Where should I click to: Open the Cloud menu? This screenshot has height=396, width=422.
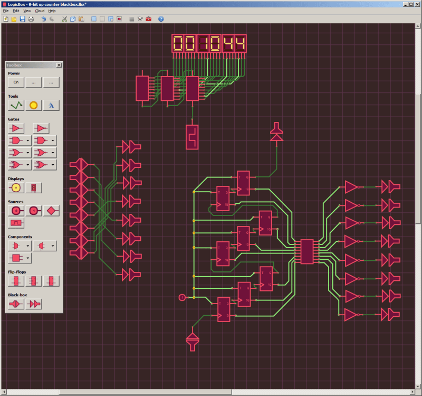pyautogui.click(x=40, y=11)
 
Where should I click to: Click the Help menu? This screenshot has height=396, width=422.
pyautogui.click(x=52, y=11)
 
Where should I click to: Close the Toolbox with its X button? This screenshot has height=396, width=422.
pyautogui.click(x=59, y=65)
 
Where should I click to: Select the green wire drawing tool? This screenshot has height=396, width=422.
pyautogui.click(x=16, y=105)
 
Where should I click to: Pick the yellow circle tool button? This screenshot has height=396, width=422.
pyautogui.click(x=34, y=105)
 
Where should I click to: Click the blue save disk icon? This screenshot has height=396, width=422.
pyautogui.click(x=23, y=19)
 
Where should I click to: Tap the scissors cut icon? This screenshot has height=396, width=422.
pyautogui.click(x=64, y=19)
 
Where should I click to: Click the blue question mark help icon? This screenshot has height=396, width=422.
pyautogui.click(x=161, y=19)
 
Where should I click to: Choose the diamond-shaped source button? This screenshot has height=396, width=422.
pyautogui.click(x=51, y=211)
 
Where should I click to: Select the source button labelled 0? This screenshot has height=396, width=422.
pyautogui.click(x=16, y=211)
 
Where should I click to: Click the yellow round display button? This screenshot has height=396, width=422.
pyautogui.click(x=16, y=187)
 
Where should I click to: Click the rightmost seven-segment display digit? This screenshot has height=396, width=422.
pyautogui.click(x=239, y=44)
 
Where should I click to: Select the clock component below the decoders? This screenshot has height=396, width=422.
pyautogui.click(x=193, y=137)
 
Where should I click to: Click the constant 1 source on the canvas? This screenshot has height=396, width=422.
pyautogui.click(x=183, y=298)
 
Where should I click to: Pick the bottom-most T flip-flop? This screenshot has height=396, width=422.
pyautogui.click(x=224, y=309)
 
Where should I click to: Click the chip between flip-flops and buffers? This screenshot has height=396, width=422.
pyautogui.click(x=306, y=251)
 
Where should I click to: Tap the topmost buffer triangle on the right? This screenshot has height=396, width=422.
pyautogui.click(x=351, y=186)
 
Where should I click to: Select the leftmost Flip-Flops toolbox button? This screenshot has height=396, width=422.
pyautogui.click(x=16, y=280)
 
